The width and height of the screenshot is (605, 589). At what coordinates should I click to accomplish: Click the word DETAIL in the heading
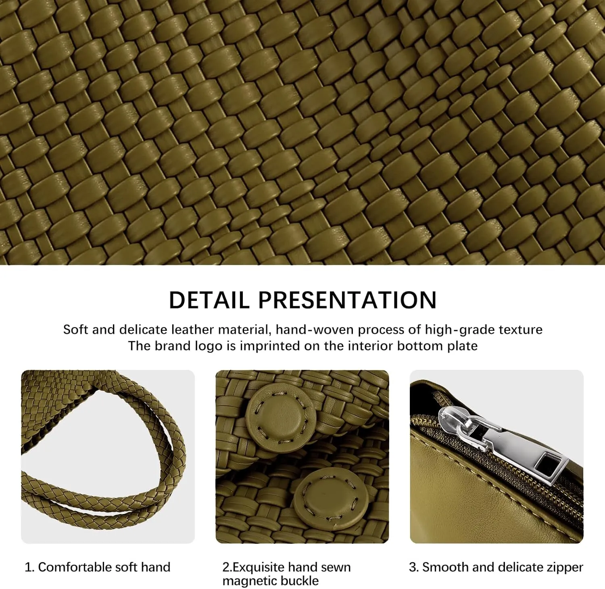[x=209, y=300]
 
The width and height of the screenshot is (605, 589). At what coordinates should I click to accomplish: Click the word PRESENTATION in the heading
[x=347, y=300]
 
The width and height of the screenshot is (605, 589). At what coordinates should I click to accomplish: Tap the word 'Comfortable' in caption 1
[x=69, y=567]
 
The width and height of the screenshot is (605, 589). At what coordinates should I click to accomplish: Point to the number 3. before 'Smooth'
[x=413, y=567]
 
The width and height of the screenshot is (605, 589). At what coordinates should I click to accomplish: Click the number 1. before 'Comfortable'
[x=29, y=567]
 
